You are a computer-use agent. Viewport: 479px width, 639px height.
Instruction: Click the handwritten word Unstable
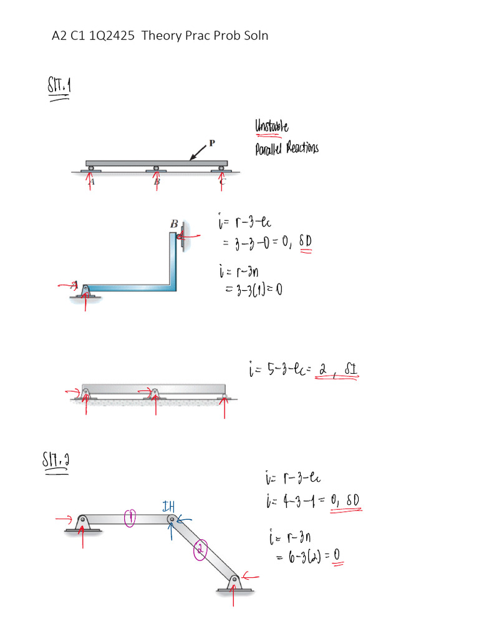(x=271, y=128)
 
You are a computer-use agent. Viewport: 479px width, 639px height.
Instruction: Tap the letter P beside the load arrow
(x=212, y=143)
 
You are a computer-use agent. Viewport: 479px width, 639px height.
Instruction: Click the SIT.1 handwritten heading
(x=60, y=85)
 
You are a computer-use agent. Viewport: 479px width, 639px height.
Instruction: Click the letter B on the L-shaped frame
(x=174, y=223)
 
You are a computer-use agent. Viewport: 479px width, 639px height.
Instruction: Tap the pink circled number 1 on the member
(x=130, y=517)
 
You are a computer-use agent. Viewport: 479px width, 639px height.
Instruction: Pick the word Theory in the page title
(x=162, y=36)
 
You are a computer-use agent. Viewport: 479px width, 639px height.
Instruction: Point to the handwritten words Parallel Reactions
(x=286, y=149)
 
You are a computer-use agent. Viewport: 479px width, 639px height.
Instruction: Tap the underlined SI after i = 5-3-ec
(x=349, y=372)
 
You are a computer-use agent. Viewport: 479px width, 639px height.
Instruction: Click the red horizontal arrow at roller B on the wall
(x=190, y=237)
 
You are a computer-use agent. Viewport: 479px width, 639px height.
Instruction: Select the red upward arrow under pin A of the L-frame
(x=85, y=303)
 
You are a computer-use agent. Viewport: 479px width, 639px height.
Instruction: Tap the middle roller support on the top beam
(x=156, y=168)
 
